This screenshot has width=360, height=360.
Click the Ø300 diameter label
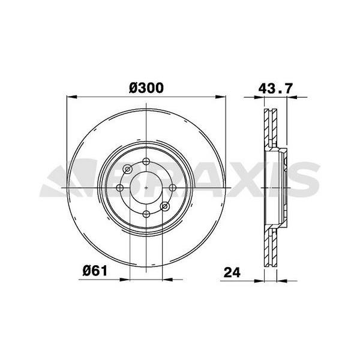click(146, 88)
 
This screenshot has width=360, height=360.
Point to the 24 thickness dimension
click(232, 271)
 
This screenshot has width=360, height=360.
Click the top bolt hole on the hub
click(146, 161)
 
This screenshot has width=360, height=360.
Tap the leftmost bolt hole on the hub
click(119, 188)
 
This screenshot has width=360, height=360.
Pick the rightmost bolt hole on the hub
click(173, 188)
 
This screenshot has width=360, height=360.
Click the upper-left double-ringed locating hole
click(128, 170)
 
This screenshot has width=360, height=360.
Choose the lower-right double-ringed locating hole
click(165, 206)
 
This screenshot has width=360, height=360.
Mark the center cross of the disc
click(146, 188)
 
